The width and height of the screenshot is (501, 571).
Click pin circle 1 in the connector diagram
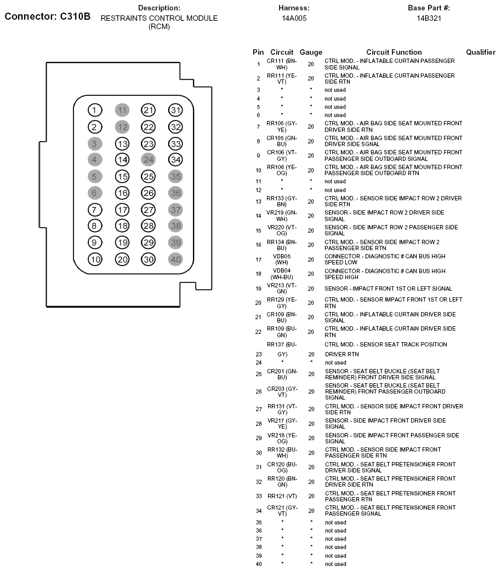pyautogui.click(x=95, y=111)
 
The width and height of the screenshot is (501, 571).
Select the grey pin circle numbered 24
pyautogui.click(x=149, y=160)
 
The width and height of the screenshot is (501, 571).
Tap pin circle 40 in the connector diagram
pyautogui.click(x=175, y=259)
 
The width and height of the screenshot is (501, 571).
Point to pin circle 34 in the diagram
pyautogui.click(x=175, y=160)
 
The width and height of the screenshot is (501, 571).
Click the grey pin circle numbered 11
pyautogui.click(x=122, y=111)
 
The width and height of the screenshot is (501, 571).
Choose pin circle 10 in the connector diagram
pyautogui.click(x=95, y=259)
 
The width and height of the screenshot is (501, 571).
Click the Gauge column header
pyautogui.click(x=311, y=53)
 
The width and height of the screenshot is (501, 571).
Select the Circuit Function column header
pyautogui.click(x=394, y=53)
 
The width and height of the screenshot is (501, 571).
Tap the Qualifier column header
pyautogui.click(x=480, y=53)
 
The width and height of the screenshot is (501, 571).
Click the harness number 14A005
pyautogui.click(x=294, y=18)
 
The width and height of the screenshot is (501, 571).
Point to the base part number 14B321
pyautogui.click(x=429, y=18)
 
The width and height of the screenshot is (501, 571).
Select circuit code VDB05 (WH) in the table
pyautogui.click(x=282, y=259)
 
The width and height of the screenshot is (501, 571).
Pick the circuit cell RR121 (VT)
pyautogui.click(x=282, y=496)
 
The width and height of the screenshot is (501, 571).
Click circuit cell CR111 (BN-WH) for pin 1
pyautogui.click(x=282, y=64)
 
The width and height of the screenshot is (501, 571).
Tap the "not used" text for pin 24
pyautogui.click(x=335, y=362)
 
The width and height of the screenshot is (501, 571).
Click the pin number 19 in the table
pyautogui.click(x=258, y=289)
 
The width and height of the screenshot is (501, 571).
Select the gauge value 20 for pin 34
pyautogui.click(x=311, y=511)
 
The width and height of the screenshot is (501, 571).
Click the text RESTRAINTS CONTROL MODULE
pyautogui.click(x=159, y=18)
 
